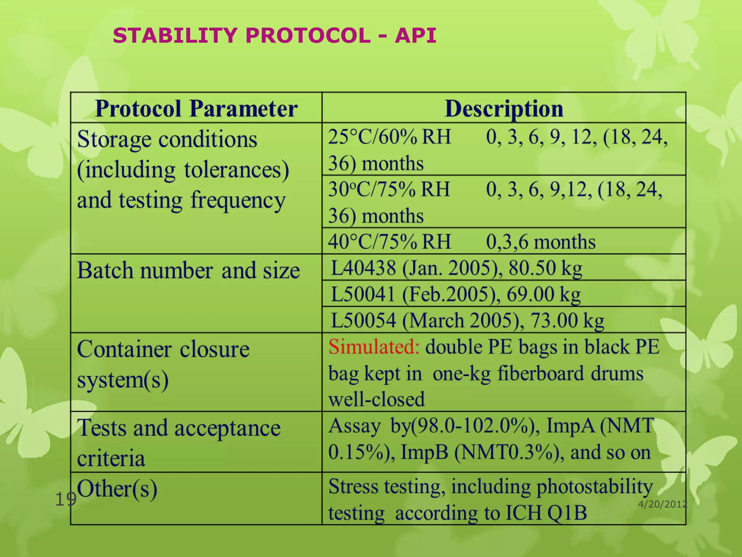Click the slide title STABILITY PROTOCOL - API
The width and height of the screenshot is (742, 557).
click(274, 36)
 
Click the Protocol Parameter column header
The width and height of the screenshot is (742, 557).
click(196, 108)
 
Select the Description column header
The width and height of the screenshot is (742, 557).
click(504, 108)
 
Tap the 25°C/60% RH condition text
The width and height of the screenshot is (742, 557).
click(389, 137)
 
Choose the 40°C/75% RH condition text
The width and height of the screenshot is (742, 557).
click(389, 242)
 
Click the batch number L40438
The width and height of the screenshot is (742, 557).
click(363, 268)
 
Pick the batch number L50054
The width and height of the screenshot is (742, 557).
click(363, 321)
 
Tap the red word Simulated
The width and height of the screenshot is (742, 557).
click(374, 347)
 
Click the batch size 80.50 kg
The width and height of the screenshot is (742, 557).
click(545, 268)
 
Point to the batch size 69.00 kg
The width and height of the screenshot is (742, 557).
click(543, 294)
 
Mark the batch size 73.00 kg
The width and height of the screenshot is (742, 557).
click(567, 321)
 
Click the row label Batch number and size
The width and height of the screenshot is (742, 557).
click(188, 271)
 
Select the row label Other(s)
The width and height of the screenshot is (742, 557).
click(117, 488)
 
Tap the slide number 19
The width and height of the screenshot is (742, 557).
click(66, 500)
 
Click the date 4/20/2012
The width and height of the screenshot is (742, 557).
click(662, 504)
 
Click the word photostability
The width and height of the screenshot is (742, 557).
click(595, 487)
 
